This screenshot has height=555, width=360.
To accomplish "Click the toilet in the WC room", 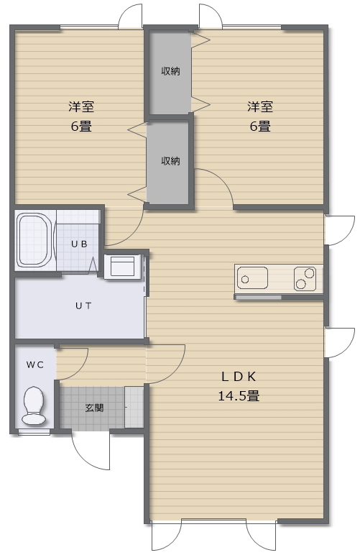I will [x=34, y=405].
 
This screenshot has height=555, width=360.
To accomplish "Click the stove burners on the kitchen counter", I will [x=305, y=278].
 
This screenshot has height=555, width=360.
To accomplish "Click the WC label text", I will [x=35, y=364].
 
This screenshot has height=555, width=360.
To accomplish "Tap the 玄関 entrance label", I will [x=94, y=408].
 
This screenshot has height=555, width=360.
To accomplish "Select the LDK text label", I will [x=239, y=376].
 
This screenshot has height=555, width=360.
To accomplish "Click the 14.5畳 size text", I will [x=239, y=395].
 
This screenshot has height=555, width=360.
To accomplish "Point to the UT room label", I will [x=83, y=306].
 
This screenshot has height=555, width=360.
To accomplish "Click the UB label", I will [x=79, y=244].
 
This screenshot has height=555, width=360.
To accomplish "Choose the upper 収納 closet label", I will [x=170, y=70].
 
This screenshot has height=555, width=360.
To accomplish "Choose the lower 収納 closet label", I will [x=170, y=160].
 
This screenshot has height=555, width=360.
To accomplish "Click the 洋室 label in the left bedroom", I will [x=80, y=107].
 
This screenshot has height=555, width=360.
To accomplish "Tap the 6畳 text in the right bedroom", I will [x=259, y=127].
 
